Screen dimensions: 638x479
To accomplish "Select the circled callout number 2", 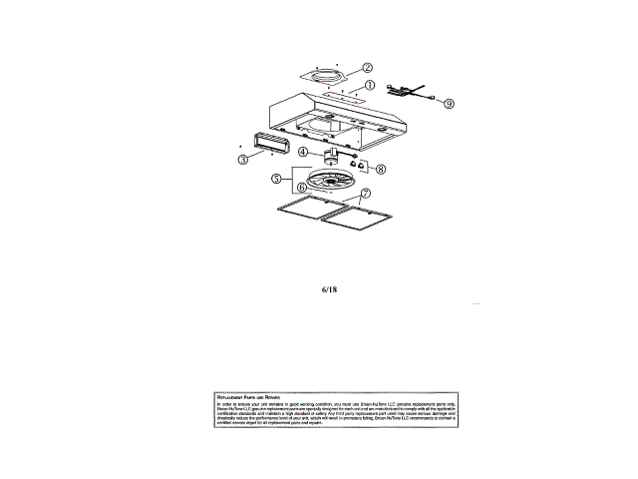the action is (367, 68).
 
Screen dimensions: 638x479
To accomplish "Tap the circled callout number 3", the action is (242, 160).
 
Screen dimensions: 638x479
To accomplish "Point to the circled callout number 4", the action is (302, 152).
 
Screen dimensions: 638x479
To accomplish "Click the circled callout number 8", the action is (380, 170).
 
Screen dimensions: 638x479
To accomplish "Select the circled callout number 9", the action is (449, 103).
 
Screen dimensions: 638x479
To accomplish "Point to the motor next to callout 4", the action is (327, 157).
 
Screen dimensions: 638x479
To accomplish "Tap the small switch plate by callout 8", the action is (360, 167).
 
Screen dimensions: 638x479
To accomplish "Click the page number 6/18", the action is (330, 291).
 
